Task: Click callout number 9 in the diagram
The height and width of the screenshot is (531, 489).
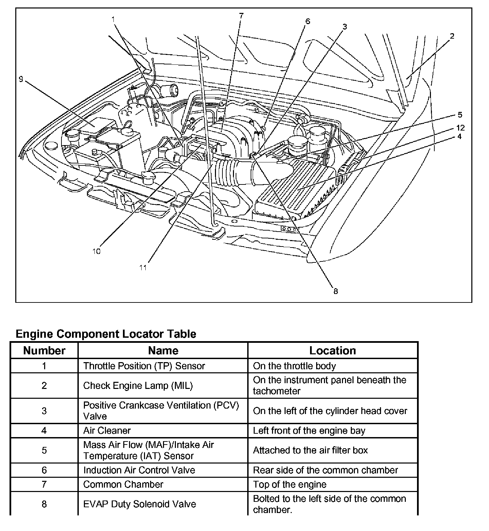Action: click(x=21, y=79)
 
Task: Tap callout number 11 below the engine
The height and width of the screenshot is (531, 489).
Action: click(x=143, y=268)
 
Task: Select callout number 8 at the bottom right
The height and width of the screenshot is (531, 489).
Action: click(x=336, y=291)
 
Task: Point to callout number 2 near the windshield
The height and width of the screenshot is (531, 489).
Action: click(x=452, y=36)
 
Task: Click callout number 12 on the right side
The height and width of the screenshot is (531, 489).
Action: click(x=460, y=127)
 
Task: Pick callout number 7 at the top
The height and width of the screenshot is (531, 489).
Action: click(x=241, y=16)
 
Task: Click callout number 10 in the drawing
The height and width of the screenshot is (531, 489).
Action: click(x=96, y=251)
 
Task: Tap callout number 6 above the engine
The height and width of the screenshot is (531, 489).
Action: click(x=308, y=21)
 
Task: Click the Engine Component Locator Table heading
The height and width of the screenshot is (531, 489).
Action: click(x=106, y=334)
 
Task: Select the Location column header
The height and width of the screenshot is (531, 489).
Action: click(x=332, y=351)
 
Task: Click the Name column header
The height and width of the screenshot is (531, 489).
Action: click(x=163, y=351)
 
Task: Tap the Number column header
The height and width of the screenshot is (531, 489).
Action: click(x=44, y=351)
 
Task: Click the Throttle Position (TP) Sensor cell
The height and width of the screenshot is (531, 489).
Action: click(x=144, y=366)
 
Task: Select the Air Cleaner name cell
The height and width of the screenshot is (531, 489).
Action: click(x=107, y=431)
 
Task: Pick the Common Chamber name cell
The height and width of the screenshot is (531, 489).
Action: click(x=123, y=484)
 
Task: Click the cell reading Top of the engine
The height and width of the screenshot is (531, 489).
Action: click(x=290, y=484)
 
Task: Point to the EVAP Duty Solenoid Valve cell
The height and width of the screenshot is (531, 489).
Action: click(x=140, y=504)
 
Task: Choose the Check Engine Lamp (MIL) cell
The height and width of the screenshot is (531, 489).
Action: click(x=138, y=386)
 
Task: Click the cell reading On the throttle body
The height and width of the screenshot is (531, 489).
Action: click(x=294, y=366)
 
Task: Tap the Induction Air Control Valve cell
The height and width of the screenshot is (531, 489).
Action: click(x=139, y=470)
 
